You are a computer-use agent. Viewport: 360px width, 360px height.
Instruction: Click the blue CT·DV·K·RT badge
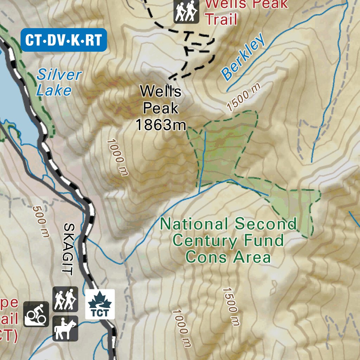64,40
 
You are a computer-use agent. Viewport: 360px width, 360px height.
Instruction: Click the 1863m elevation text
160,124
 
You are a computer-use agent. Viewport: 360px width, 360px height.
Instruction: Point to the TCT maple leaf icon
100,304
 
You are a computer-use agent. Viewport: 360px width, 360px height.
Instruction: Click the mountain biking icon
36,314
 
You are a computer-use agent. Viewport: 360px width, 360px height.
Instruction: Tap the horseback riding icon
65,328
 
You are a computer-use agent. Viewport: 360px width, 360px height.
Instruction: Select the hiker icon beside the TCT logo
65,299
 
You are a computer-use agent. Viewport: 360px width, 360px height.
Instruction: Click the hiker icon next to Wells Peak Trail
186,11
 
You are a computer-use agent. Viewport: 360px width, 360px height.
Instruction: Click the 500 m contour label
41,221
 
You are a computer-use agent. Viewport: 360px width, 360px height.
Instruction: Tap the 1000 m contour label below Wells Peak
118,157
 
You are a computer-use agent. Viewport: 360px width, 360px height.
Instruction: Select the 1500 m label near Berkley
244,97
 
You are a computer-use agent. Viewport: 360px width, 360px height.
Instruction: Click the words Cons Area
228,257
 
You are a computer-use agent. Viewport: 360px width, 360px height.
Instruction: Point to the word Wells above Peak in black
160,91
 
